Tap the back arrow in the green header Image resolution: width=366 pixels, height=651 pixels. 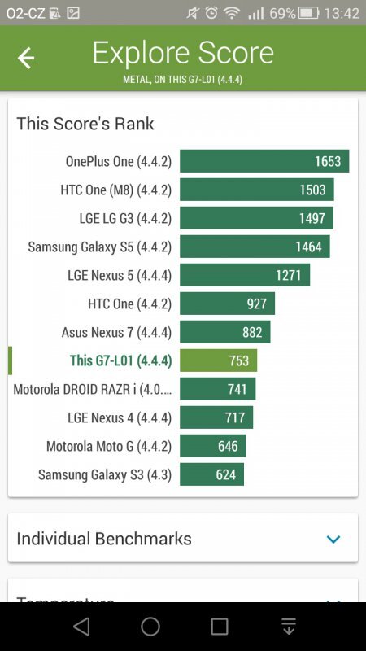pyautogui.click(x=26, y=58)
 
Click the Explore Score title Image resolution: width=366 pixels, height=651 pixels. pyautogui.click(x=183, y=54)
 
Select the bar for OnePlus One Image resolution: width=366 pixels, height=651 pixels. pyautogui.click(x=264, y=161)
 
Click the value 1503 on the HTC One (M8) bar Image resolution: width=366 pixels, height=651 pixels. pyautogui.click(x=312, y=190)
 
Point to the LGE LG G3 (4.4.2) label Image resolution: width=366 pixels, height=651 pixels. pyautogui.click(x=120, y=218)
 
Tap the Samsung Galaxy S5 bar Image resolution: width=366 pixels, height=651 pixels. pyautogui.click(x=255, y=247)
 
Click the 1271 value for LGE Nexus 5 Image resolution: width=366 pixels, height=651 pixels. pyautogui.click(x=288, y=275)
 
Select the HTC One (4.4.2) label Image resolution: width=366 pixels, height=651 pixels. pyautogui.click(x=129, y=304)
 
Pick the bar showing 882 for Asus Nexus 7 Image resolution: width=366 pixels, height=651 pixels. pyautogui.click(x=224, y=332)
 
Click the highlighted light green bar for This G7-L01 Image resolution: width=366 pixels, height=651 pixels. pyautogui.click(x=218, y=360)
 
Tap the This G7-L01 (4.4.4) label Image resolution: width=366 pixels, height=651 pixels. pyautogui.click(x=120, y=360)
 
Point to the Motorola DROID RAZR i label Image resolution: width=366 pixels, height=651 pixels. pyautogui.click(x=93, y=389)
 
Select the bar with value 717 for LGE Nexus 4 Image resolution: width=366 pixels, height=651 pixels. pyautogui.click(x=216, y=417)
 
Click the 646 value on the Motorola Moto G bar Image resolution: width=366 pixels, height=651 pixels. pyautogui.click(x=228, y=446)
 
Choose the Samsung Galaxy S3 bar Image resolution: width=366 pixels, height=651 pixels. pyautogui.click(x=211, y=474)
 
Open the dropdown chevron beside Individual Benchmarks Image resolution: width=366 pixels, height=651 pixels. pyautogui.click(x=333, y=539)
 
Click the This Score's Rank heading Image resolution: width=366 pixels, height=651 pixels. pyautogui.click(x=85, y=124)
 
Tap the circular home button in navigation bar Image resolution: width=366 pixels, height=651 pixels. pyautogui.click(x=150, y=626)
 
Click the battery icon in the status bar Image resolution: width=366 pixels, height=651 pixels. pyautogui.click(x=308, y=13)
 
